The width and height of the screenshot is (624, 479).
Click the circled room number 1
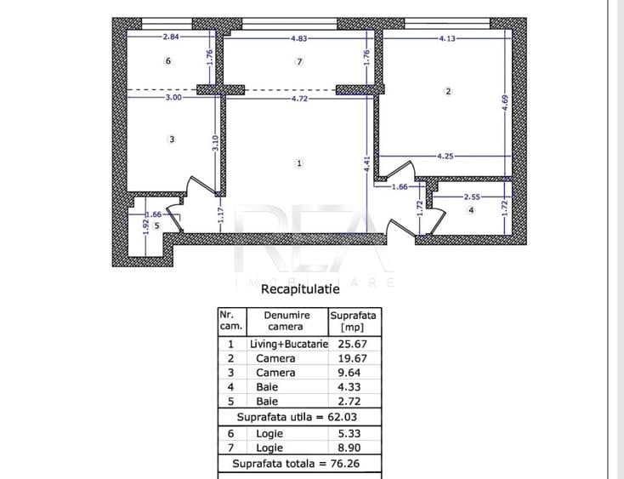click(x=299, y=163)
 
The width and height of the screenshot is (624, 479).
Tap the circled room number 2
click(x=448, y=91)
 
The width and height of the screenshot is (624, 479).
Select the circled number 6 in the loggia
click(x=168, y=61)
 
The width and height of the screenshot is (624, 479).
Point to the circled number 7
click(x=299, y=62)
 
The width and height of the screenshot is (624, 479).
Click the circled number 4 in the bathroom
click(x=471, y=210)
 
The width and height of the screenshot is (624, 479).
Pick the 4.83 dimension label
click(x=299, y=38)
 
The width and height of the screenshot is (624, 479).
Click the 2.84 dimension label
click(x=171, y=37)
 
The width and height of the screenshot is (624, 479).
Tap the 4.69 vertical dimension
click(x=505, y=103)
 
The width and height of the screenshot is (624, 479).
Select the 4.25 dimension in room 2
click(x=445, y=156)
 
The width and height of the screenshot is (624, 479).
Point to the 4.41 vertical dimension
click(x=367, y=164)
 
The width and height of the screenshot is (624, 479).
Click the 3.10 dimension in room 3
click(x=215, y=143)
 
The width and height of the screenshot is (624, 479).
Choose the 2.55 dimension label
click(x=472, y=197)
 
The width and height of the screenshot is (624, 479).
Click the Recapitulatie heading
click(x=300, y=288)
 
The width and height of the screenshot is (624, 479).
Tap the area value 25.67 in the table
click(x=353, y=344)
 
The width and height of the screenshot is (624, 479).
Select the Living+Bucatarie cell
click(x=289, y=344)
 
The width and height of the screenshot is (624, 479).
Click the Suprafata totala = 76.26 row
click(x=296, y=464)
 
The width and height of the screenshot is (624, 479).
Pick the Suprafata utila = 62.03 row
click(x=297, y=417)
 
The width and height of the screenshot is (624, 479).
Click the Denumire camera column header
click(x=286, y=321)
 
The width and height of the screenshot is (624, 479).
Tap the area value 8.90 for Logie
click(x=349, y=448)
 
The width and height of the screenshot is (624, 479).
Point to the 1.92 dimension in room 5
click(x=146, y=226)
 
